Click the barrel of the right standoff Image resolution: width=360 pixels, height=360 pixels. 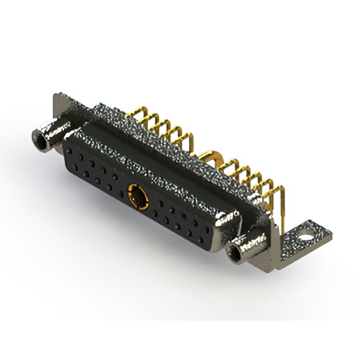coord(247,247)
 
